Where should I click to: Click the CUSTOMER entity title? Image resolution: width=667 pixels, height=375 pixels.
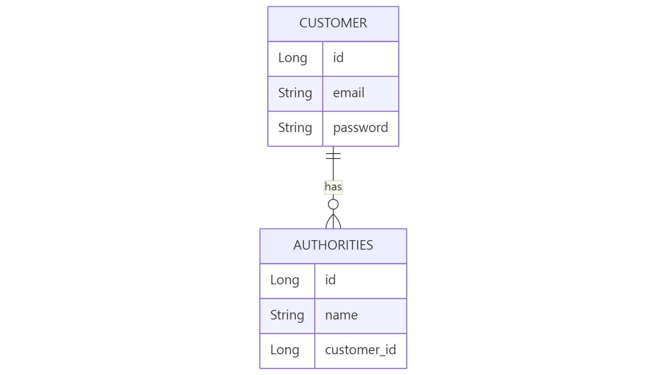333,23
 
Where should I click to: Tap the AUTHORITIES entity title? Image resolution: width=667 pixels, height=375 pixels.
333,245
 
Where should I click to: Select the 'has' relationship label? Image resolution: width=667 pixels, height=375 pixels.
333,187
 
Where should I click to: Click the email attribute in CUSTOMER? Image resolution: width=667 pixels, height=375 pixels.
349,93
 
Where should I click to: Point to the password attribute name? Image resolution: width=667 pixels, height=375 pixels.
360,128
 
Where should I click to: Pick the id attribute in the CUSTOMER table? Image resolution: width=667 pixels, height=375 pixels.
338,58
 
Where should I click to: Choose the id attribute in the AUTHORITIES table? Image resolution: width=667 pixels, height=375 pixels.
330,280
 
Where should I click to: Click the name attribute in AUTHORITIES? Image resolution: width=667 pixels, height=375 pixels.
341,315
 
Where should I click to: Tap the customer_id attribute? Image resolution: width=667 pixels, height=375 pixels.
360,350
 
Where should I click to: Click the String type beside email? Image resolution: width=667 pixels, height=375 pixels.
295,93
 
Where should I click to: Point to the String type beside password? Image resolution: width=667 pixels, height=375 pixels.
295,128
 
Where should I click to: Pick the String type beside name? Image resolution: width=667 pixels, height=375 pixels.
287,315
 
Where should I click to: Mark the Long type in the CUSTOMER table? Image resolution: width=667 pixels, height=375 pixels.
293,58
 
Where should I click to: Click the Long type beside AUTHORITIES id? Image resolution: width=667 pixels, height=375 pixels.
285,280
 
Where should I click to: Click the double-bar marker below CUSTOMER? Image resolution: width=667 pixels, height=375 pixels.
333,156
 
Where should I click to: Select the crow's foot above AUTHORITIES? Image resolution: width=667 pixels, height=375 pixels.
333,222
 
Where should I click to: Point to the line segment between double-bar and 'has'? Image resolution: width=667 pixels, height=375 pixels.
333,170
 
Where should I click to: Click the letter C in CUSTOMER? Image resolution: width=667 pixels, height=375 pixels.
303,23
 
